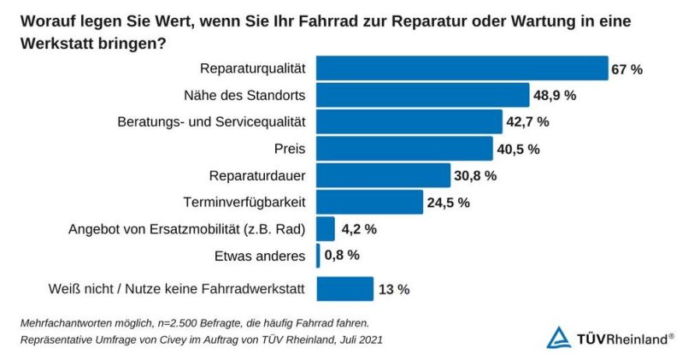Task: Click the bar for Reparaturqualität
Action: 462,68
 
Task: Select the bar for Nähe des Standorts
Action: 423,95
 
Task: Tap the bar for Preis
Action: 405,149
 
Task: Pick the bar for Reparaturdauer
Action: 383,175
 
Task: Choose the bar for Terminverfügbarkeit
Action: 369,202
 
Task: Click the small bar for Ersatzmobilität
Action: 326,228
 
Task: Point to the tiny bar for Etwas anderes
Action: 319,255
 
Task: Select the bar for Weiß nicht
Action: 345,289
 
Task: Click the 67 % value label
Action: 626,69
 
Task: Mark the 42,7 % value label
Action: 527,122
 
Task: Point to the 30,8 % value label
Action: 474,175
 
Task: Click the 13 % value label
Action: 394,290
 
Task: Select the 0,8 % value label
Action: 341,255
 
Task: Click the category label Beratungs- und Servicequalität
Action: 213,121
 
